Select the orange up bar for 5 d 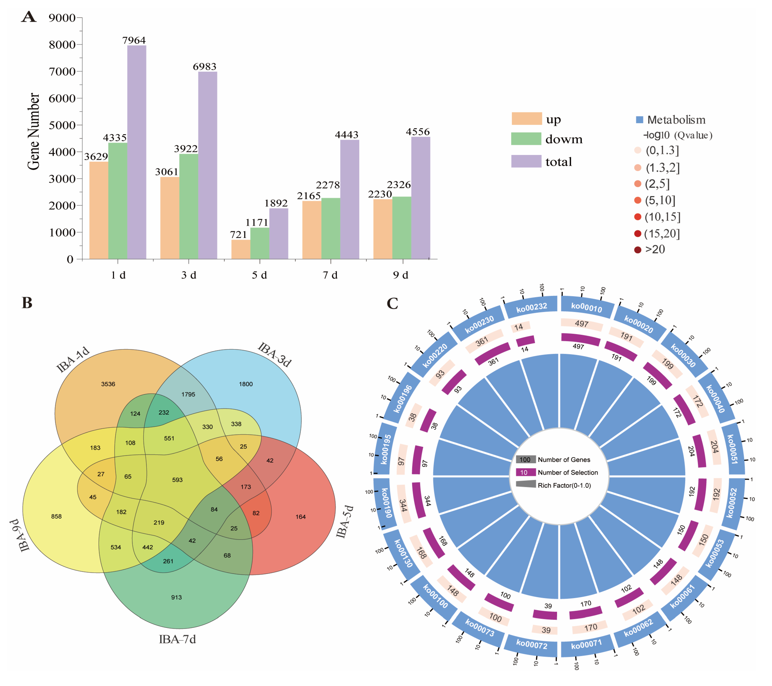click(x=241, y=249)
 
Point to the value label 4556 click(x=417, y=132)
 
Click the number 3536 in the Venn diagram click(x=108, y=384)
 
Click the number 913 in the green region click(x=176, y=597)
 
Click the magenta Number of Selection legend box click(x=525, y=472)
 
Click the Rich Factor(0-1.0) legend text click(x=564, y=485)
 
